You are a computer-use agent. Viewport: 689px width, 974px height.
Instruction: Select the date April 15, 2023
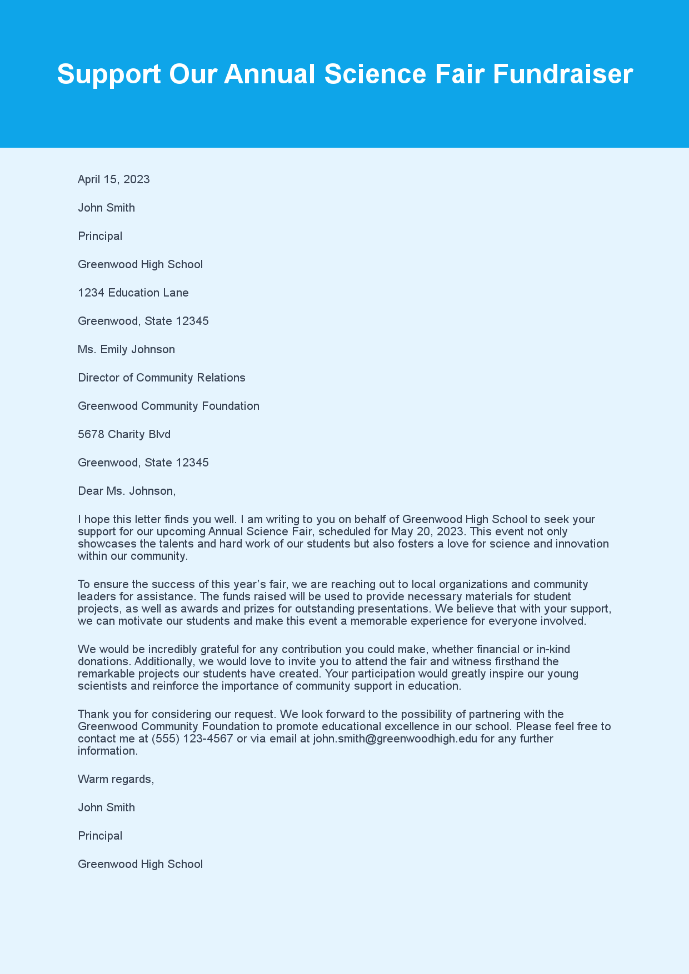(x=114, y=179)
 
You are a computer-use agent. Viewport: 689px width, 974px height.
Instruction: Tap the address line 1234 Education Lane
(x=133, y=293)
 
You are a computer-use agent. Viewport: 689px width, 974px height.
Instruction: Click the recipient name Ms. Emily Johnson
(x=126, y=349)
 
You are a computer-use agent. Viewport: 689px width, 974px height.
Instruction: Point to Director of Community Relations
(x=161, y=378)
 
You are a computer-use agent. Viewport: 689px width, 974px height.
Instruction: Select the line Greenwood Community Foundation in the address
(x=168, y=406)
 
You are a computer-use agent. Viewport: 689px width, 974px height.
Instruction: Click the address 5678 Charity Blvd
(x=124, y=434)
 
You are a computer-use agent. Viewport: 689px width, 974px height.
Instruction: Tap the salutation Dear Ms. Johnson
(x=127, y=491)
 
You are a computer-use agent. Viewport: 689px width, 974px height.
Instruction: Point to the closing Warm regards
(x=116, y=779)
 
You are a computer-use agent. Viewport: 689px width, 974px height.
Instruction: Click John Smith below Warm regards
(x=106, y=807)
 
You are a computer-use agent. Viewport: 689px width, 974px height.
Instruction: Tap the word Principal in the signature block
(x=100, y=836)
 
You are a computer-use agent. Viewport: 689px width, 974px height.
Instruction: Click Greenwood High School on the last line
(x=140, y=864)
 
